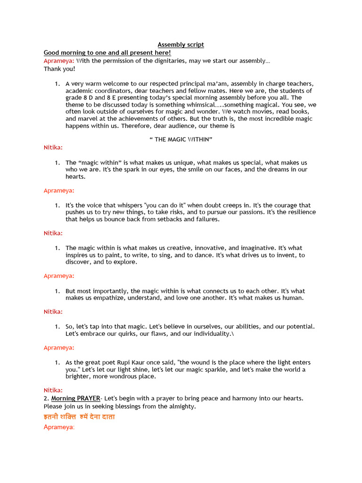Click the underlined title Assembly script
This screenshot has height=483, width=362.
pyautogui.click(x=181, y=45)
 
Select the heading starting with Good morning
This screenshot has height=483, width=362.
pyautogui.click(x=107, y=53)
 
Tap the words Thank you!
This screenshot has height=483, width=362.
pyautogui.click(x=59, y=69)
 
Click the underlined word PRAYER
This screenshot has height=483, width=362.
pyautogui.click(x=88, y=399)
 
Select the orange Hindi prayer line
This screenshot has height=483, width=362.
pyautogui.click(x=79, y=417)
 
